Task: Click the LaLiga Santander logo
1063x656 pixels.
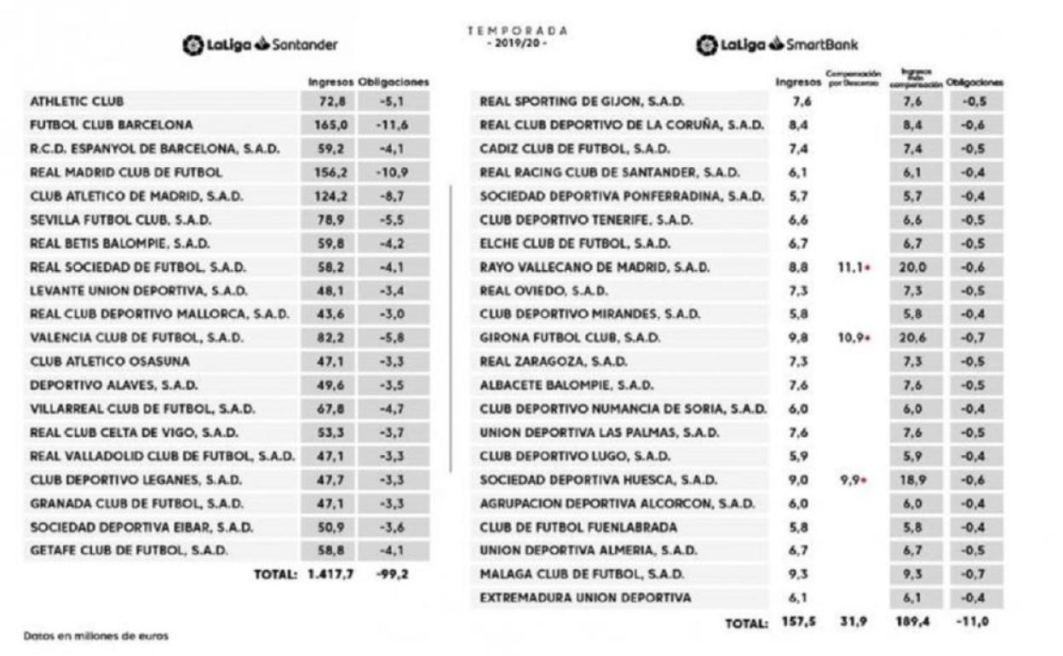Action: pyautogui.click(x=259, y=44)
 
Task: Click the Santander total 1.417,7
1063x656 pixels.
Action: pyautogui.click(x=330, y=574)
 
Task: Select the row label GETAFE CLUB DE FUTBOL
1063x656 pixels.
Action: pyautogui.click(x=129, y=550)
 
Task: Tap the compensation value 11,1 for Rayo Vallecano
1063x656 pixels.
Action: pyautogui.click(x=848, y=268)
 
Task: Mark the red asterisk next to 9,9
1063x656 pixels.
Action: pyautogui.click(x=866, y=480)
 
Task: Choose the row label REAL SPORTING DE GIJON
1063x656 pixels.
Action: pyautogui.click(x=582, y=101)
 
